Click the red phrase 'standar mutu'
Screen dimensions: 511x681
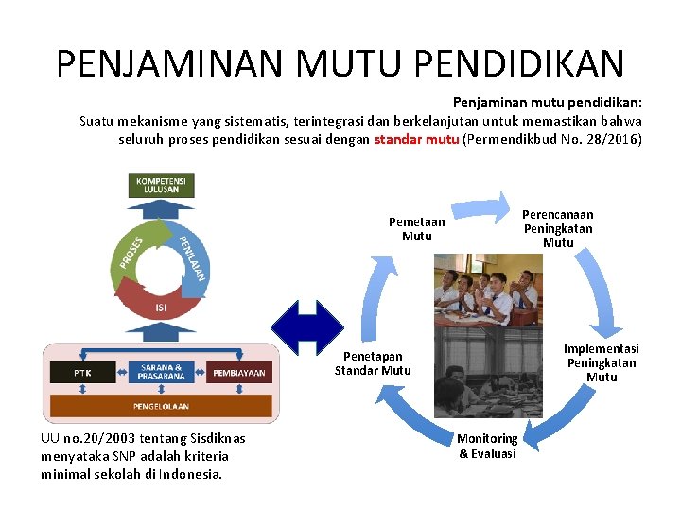417,140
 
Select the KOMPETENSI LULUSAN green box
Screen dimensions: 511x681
161,184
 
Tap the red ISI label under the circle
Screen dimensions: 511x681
161,308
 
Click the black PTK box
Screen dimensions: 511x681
82,373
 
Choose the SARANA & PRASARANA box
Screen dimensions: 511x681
162,372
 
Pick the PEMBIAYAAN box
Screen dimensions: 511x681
239,373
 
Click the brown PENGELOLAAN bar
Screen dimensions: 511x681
161,406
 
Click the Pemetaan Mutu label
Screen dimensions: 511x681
416,229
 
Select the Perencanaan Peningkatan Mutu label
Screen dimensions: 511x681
558,228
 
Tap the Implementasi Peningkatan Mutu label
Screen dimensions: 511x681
602,362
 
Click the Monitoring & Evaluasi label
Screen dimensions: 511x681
488,446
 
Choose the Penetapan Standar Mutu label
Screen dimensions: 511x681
373,363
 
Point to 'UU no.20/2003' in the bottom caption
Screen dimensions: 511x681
82,438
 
